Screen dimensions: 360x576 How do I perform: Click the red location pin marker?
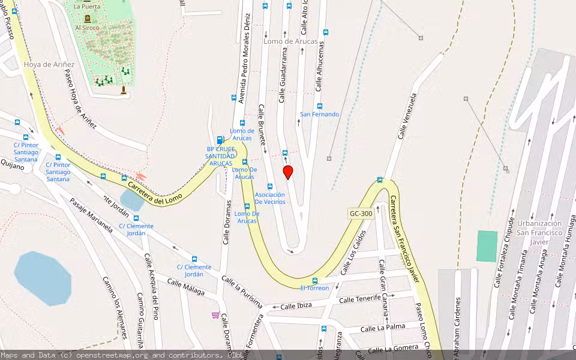pos(288,172)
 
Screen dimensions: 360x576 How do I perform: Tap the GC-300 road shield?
pos(361,214)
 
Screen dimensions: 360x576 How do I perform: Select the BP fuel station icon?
pos(220,140)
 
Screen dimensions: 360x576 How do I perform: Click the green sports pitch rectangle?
pos(487,246)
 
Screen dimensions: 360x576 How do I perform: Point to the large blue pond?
pos(43,278)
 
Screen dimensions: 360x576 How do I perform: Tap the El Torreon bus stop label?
pos(314,288)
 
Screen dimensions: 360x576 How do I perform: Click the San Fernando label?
pos(319,114)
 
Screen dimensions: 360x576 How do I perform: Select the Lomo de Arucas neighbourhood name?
pos(291,41)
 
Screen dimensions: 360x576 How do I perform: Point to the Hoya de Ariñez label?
pos(49,64)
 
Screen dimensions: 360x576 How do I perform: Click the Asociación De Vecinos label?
pos(270,198)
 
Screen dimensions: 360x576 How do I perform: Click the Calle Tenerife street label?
pos(360,298)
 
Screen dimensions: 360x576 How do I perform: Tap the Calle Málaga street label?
pos(186,287)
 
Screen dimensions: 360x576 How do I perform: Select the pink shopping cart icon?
pos(215,315)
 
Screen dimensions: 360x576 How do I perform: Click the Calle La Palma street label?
pos(382,328)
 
